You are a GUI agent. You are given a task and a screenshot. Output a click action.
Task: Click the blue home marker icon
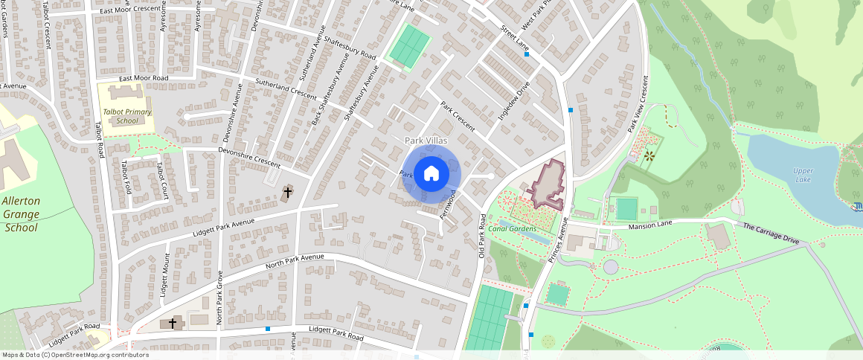point(431,174)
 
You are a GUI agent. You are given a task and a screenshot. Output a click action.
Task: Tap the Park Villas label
point(426,140)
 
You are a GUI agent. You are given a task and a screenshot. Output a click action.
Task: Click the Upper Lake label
point(803,176)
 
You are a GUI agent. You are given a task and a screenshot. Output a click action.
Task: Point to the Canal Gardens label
point(513,228)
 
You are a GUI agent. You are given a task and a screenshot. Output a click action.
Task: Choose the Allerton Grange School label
point(20,214)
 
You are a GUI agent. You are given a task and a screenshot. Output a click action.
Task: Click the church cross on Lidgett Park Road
point(173,324)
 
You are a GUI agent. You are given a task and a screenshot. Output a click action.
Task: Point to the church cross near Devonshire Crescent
point(287,193)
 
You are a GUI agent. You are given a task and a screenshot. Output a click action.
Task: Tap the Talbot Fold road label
point(126,177)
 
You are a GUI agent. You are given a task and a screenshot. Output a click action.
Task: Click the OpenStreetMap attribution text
point(75,355)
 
